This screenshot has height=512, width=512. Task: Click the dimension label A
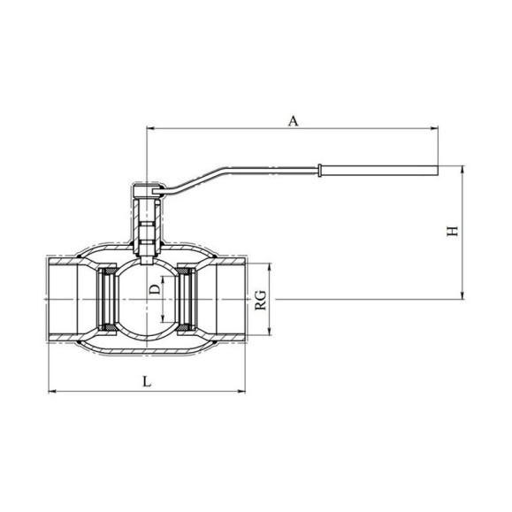click(294, 121)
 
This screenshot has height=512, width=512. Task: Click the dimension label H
click(453, 231)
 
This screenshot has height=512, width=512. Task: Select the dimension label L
click(148, 381)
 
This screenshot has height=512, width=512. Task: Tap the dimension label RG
click(261, 300)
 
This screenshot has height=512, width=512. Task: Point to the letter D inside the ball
click(155, 289)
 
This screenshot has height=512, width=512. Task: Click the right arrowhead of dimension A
click(434, 128)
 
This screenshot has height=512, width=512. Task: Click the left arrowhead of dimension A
click(151, 128)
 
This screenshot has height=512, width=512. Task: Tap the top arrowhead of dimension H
click(462, 170)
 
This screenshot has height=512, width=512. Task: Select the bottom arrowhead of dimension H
click(462, 295)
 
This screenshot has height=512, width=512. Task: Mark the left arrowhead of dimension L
click(52, 391)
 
